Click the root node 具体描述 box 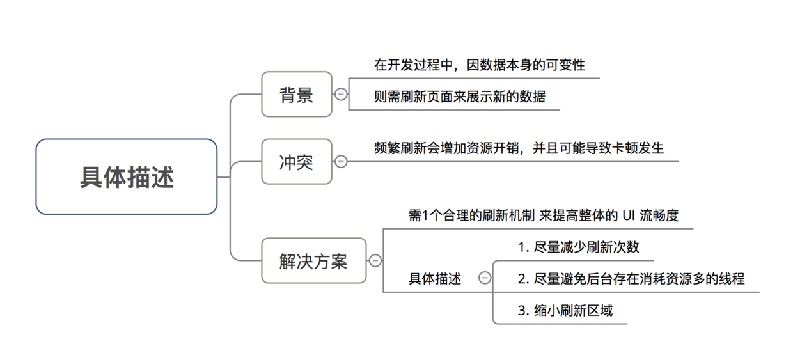[127, 177]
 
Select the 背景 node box [297, 95]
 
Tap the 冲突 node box [297, 162]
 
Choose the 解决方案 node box [313, 261]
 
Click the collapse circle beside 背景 [341, 95]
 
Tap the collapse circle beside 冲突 [341, 162]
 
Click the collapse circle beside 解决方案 [375, 261]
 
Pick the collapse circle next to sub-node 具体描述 [485, 278]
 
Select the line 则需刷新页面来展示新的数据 [460, 97]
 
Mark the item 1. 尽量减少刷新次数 [578, 247]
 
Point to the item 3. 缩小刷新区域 [565, 311]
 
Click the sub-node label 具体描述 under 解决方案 [435, 279]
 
